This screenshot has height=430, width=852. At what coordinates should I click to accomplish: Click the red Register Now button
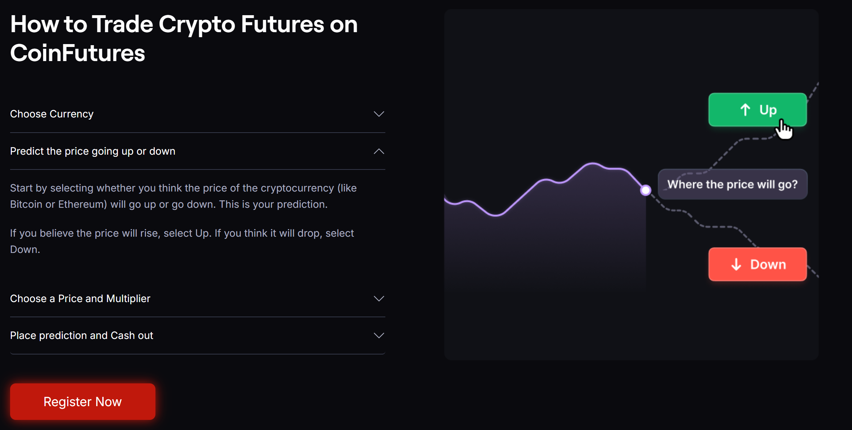pos(83,401)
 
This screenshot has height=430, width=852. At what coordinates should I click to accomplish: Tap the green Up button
pos(757,109)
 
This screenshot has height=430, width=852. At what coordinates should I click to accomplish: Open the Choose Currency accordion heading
pos(52,114)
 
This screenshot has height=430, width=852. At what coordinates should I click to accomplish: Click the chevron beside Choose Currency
pos(378,114)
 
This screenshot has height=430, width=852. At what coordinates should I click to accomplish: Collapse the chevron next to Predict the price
pos(378,151)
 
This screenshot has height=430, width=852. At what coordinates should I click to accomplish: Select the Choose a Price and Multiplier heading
pos(80,298)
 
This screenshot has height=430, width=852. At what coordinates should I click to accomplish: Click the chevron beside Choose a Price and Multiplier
pos(378,299)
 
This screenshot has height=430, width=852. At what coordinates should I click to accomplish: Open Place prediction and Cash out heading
pos(81,335)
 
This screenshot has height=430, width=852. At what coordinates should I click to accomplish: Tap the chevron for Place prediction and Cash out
pos(378,336)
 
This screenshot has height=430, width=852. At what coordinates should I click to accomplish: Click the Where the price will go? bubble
pos(732,184)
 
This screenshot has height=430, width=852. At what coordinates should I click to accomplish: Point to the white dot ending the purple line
pos(646,190)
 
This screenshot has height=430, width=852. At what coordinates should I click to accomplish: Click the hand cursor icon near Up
pos(784,129)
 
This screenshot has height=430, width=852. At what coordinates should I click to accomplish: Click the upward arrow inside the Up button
pos(745,109)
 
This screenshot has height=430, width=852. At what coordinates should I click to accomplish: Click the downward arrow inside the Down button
pos(736,265)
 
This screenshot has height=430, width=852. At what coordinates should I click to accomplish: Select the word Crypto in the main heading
pos(197,24)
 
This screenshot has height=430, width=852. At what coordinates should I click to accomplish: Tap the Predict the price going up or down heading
pos(93,151)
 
